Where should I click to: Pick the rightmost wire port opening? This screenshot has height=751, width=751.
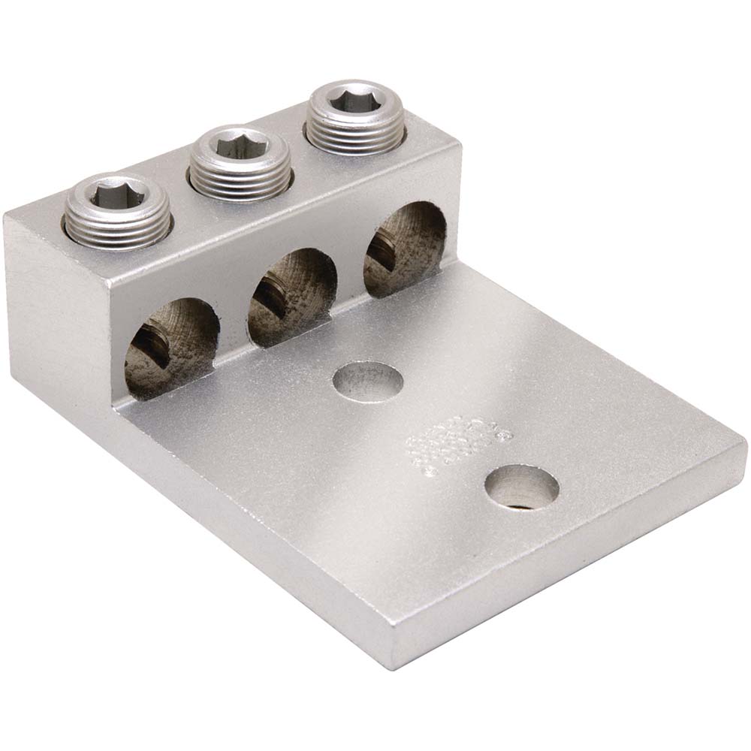click(x=406, y=248)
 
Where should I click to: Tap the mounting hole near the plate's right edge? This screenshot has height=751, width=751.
click(x=521, y=486)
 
